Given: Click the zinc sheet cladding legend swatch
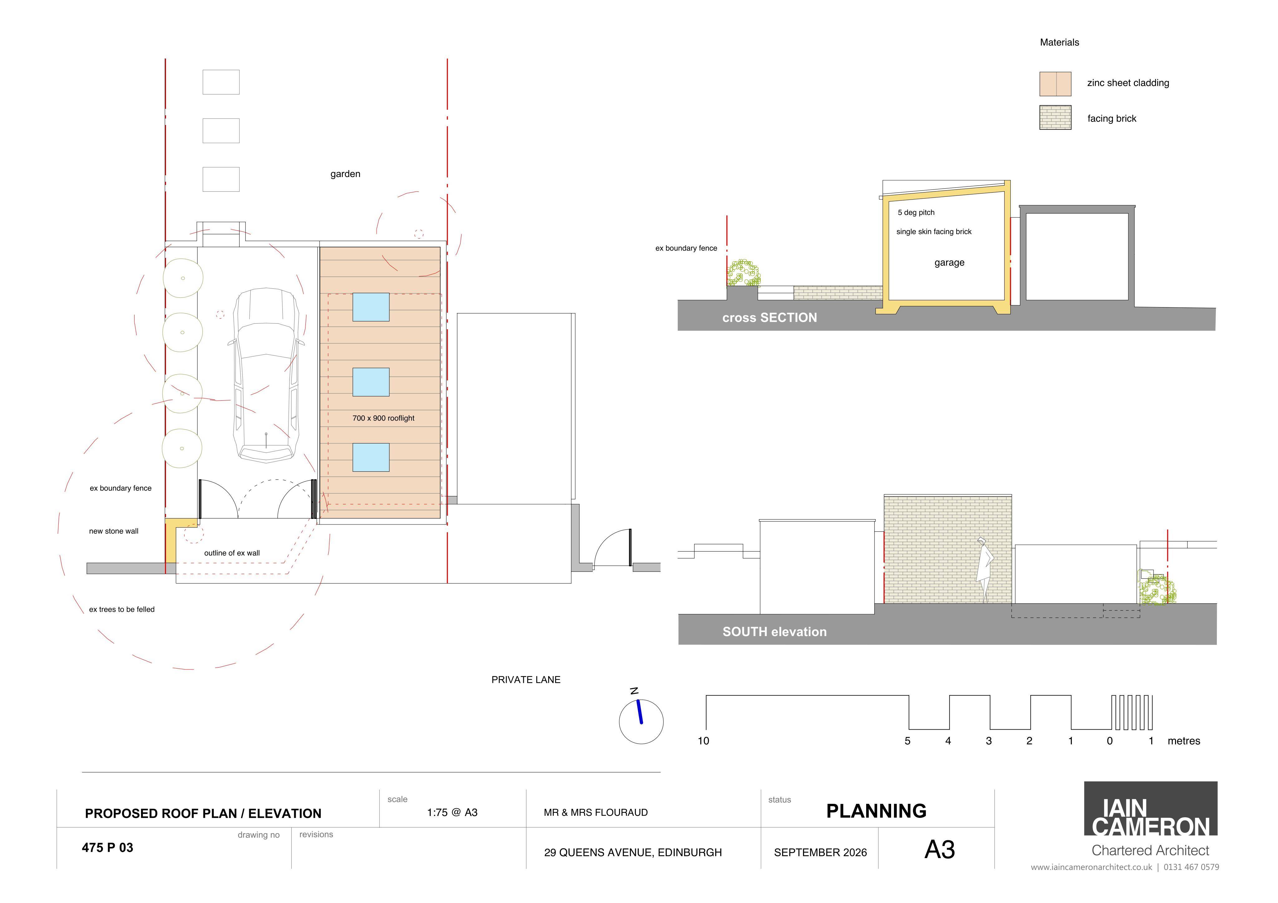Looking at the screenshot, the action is point(1055,84).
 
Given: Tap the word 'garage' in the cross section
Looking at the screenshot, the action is point(949,263).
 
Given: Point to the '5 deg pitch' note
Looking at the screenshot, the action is point(916,213).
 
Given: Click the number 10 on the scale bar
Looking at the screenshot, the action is point(703,741).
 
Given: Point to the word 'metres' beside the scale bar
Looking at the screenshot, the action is point(1183,741).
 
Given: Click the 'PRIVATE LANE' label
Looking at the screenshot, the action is point(525,679).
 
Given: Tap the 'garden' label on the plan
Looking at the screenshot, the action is point(345,174).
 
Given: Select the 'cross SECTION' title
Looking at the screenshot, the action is point(769,318).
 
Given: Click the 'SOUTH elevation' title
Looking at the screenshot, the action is point(774,631).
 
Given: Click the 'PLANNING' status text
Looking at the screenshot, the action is point(876,811).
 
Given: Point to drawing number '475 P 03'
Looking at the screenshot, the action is point(107,847).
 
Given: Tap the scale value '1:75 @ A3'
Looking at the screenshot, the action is point(452,812).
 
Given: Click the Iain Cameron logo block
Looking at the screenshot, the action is point(1150,809).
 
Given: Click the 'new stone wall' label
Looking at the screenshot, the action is point(114,531).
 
